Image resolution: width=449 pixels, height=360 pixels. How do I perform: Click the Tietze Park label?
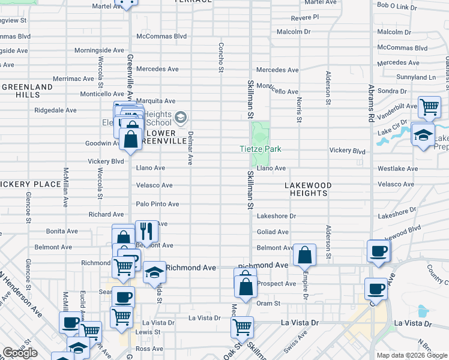click(261, 149)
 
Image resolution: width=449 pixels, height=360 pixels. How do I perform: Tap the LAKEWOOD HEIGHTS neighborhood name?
click(307, 189)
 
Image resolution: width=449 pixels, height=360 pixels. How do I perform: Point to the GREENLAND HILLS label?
click(27, 91)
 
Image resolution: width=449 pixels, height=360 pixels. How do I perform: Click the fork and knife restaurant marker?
click(146, 231)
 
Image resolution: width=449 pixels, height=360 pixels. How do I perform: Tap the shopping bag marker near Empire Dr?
click(306, 255)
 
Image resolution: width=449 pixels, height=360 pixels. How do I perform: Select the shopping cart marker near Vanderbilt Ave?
click(429, 108)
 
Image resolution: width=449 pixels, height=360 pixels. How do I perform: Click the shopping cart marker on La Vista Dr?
click(243, 327)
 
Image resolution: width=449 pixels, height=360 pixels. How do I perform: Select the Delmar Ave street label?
click(190, 148)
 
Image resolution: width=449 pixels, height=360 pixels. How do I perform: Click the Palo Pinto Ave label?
click(157, 204)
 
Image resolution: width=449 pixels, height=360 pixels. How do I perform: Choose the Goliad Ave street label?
click(273, 232)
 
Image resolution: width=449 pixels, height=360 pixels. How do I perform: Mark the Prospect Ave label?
click(276, 283)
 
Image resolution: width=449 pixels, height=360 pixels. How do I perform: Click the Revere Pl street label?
click(304, 17)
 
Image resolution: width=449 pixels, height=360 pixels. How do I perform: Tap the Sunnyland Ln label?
click(415, 77)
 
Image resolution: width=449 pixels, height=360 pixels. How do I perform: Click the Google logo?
click(20, 353)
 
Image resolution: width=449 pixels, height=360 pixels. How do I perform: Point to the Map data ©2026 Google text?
click(412, 355)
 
